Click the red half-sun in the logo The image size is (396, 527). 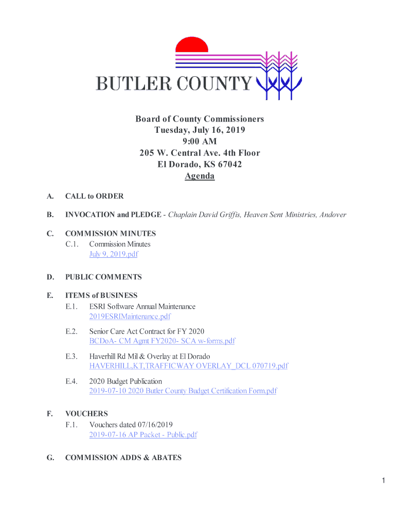tap(192, 45)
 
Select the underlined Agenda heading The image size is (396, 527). tap(200, 176)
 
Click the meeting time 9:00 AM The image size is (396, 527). tap(200, 142)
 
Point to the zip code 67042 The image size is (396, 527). tap(229, 165)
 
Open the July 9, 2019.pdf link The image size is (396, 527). tap(113, 254)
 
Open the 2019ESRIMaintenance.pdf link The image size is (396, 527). tap(130, 317)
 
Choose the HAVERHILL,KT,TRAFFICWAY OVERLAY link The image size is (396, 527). tap(188, 366)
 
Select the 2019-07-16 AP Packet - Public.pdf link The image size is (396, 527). tap(143, 435)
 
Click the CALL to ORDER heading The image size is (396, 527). tap(94, 196)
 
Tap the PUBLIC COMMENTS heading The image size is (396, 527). tap(103, 277)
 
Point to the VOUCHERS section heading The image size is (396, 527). tap(86, 414)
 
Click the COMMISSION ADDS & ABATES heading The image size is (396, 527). tap(123, 458)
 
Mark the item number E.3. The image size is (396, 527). tap(71, 356)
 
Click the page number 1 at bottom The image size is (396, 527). tap(383, 481)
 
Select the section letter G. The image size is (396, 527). tap(50, 458)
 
